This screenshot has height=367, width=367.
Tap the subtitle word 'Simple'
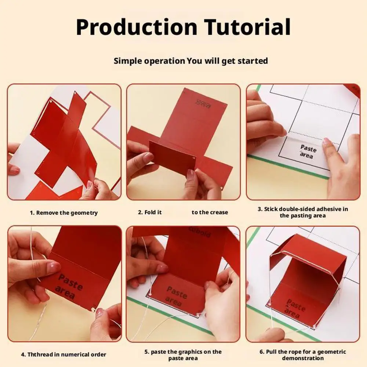tap(127, 61)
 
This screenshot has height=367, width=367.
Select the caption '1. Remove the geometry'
tap(63, 212)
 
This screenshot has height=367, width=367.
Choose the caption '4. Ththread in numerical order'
tap(63, 354)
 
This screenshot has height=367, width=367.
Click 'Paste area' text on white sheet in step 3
tap(308, 152)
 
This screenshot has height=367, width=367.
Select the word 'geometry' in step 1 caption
tap(84, 213)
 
